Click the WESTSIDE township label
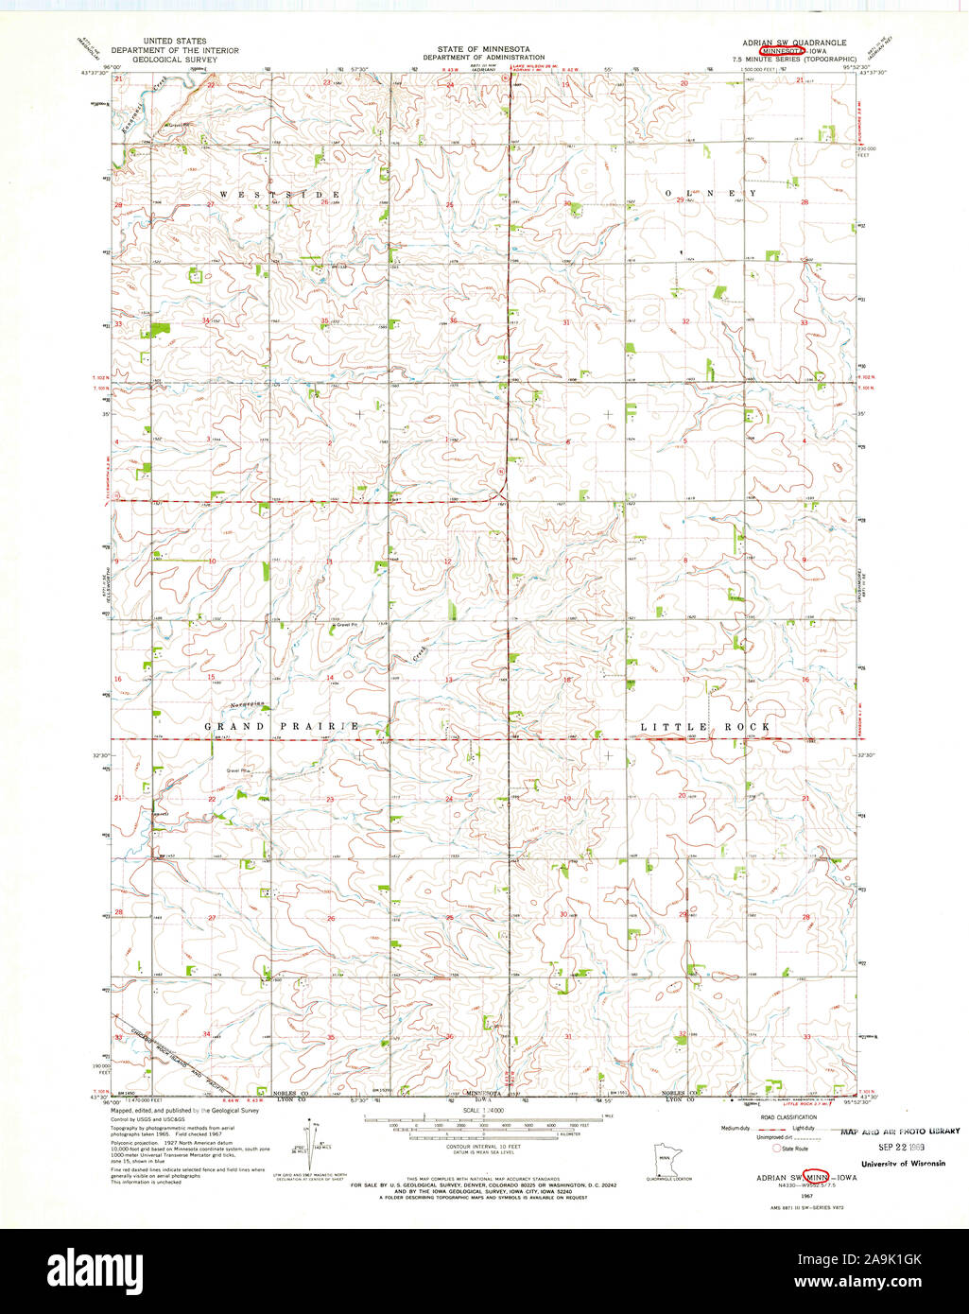coord(278,194)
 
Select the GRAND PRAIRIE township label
coord(282,726)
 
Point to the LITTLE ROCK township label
coord(704,726)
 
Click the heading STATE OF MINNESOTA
coord(483,48)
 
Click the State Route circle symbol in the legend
coord(777,1150)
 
